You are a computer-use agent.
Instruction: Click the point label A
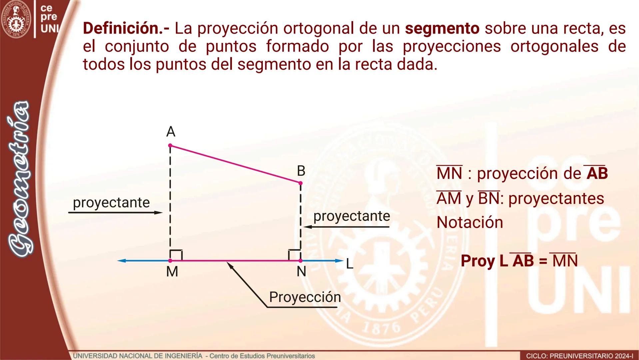pyautogui.click(x=171, y=132)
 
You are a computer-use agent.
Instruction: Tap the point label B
pyautogui.click(x=301, y=171)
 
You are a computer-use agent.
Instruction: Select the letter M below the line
pyautogui.click(x=172, y=272)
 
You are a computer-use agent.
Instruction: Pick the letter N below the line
pyautogui.click(x=301, y=272)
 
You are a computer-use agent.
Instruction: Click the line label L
pyautogui.click(x=349, y=264)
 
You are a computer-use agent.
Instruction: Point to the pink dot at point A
pyautogui.click(x=170, y=146)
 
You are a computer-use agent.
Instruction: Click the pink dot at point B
pyautogui.click(x=301, y=183)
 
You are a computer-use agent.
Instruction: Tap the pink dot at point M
pyautogui.click(x=170, y=261)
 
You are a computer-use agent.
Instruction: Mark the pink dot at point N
pyautogui.click(x=301, y=261)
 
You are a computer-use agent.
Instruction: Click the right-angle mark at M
pyautogui.click(x=176, y=255)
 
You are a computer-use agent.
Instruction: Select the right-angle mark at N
pyautogui.click(x=294, y=255)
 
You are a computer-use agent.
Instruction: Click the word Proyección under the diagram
pyautogui.click(x=305, y=297)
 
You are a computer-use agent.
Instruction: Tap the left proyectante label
pyautogui.click(x=111, y=203)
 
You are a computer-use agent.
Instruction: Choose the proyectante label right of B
pyautogui.click(x=351, y=216)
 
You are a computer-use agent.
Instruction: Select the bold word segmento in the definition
pyautogui.click(x=442, y=28)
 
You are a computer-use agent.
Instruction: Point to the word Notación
pyautogui.click(x=470, y=222)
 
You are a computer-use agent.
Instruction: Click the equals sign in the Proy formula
pyautogui.click(x=543, y=261)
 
